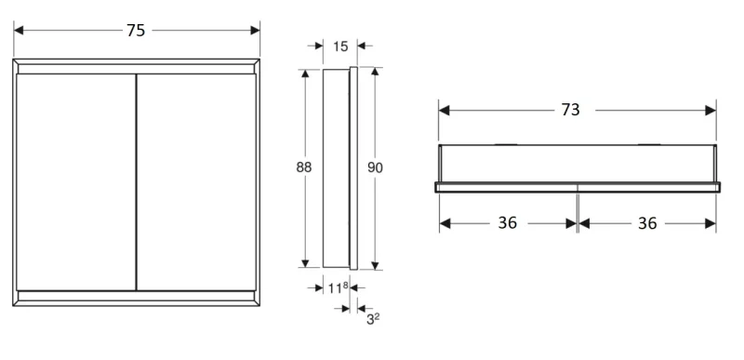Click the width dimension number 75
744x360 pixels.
click(136, 31)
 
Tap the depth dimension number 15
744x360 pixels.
click(340, 47)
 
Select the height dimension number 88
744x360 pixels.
click(304, 167)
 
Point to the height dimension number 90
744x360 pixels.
click(375, 167)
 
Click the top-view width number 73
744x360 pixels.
click(570, 110)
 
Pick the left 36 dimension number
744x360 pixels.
click(507, 222)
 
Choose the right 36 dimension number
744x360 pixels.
click(647, 222)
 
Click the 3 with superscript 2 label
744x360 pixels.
click(373, 319)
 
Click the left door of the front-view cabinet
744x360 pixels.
click(76, 182)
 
